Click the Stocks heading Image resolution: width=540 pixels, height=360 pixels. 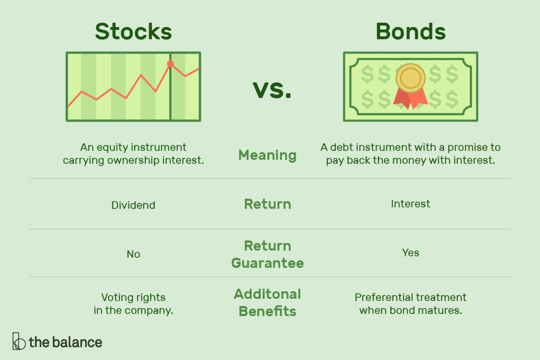pos(133,32)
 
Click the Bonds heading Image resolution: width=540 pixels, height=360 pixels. pos(410,32)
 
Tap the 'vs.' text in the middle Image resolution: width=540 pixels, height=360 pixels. pos(272,90)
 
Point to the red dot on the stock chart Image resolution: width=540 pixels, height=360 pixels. pos(170,64)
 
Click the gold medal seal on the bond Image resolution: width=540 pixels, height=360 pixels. pos(410,78)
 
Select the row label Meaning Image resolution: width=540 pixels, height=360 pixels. pos(267,155)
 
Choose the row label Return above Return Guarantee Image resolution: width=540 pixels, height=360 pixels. pos(267,204)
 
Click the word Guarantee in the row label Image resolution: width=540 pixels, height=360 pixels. pos(267,263)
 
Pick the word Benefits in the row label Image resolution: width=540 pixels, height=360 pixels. pos(267,311)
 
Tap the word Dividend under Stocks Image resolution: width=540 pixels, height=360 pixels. pos(133,205)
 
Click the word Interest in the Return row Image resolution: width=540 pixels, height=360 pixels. pos(410,204)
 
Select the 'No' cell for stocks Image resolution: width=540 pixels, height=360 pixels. pos(133,254)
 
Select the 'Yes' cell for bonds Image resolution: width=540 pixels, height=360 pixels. pos(410,253)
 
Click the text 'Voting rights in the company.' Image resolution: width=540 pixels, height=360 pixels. pos(133,304)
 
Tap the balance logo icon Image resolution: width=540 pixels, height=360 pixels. pos(19,341)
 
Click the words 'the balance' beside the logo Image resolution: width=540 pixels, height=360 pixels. pos(65,342)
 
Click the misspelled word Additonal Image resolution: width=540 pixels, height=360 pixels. pos(267,294)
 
